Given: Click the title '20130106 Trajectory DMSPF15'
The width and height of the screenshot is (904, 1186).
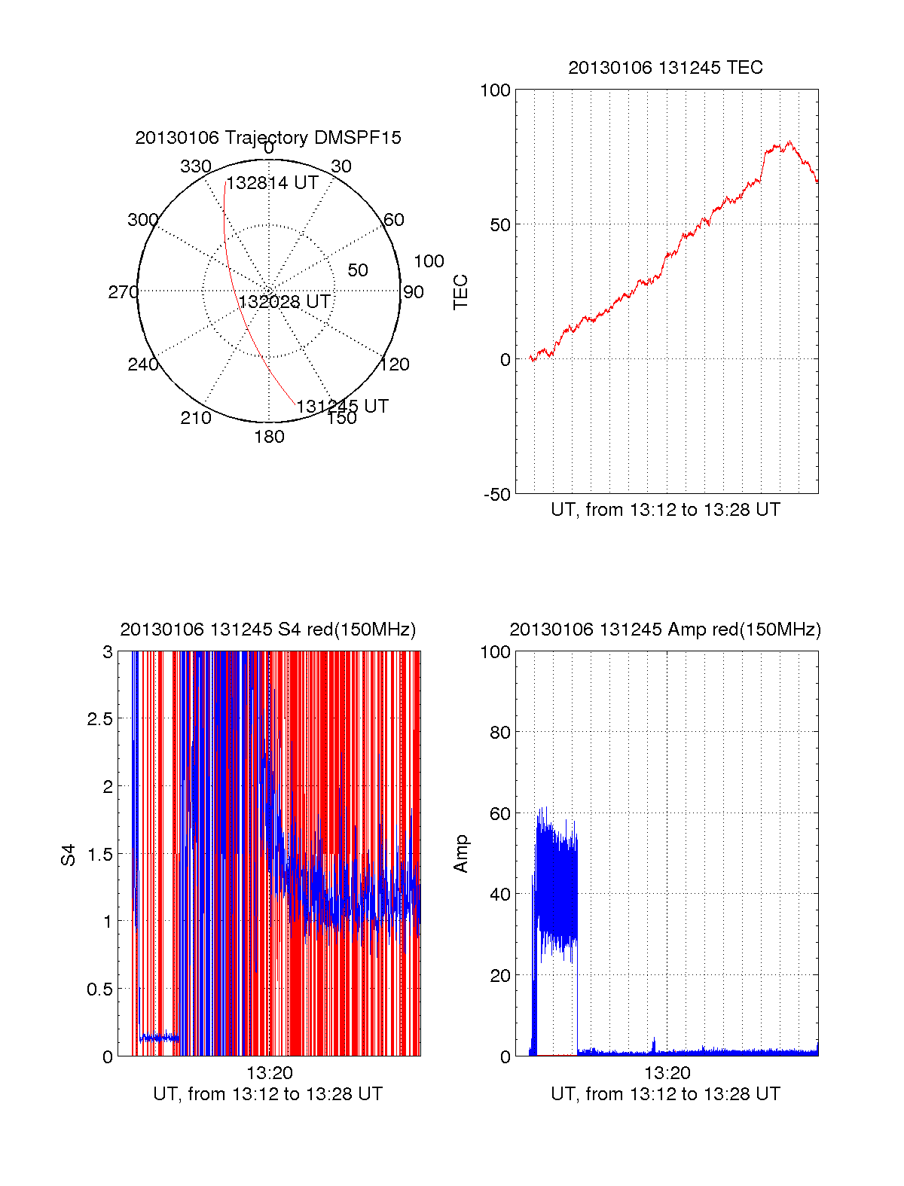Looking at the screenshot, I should coord(268,138).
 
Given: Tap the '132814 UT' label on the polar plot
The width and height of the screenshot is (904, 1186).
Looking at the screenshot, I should coord(273,183).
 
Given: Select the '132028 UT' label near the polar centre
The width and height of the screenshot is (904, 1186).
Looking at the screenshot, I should coord(285,302).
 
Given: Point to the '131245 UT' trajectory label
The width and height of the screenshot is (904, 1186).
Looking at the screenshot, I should coord(342,407).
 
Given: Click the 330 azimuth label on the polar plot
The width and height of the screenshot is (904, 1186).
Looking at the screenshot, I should coord(196,166).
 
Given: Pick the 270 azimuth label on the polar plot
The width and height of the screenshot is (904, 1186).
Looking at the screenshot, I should coord(123,292).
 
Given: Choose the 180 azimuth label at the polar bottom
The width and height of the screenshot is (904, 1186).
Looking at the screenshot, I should coord(269,437).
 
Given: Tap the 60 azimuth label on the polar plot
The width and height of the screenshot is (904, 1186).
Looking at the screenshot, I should coord(394,220).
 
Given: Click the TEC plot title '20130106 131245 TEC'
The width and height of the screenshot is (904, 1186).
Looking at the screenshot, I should coord(665,68).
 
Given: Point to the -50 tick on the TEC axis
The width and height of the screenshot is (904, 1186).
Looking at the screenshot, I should coord(497,495).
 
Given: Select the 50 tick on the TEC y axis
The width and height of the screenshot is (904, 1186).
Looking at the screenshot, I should coord(500,225).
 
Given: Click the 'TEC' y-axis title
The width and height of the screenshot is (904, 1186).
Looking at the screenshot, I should coord(460,292).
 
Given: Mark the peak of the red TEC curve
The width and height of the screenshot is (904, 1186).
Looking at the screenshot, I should coord(789,142).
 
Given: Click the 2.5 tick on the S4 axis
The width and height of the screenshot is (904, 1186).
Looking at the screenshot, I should coord(100,719).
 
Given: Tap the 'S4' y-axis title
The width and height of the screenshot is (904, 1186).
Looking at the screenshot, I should coord(69,855).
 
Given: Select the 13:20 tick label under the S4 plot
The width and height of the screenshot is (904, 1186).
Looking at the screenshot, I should coord(269,1073).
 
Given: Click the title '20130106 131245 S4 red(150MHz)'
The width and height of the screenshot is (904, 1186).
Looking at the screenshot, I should coord(267,630).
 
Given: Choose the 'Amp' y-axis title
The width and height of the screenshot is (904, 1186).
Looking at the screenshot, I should coord(460,854).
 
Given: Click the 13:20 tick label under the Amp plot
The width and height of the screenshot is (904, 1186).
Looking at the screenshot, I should coord(667,1073).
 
